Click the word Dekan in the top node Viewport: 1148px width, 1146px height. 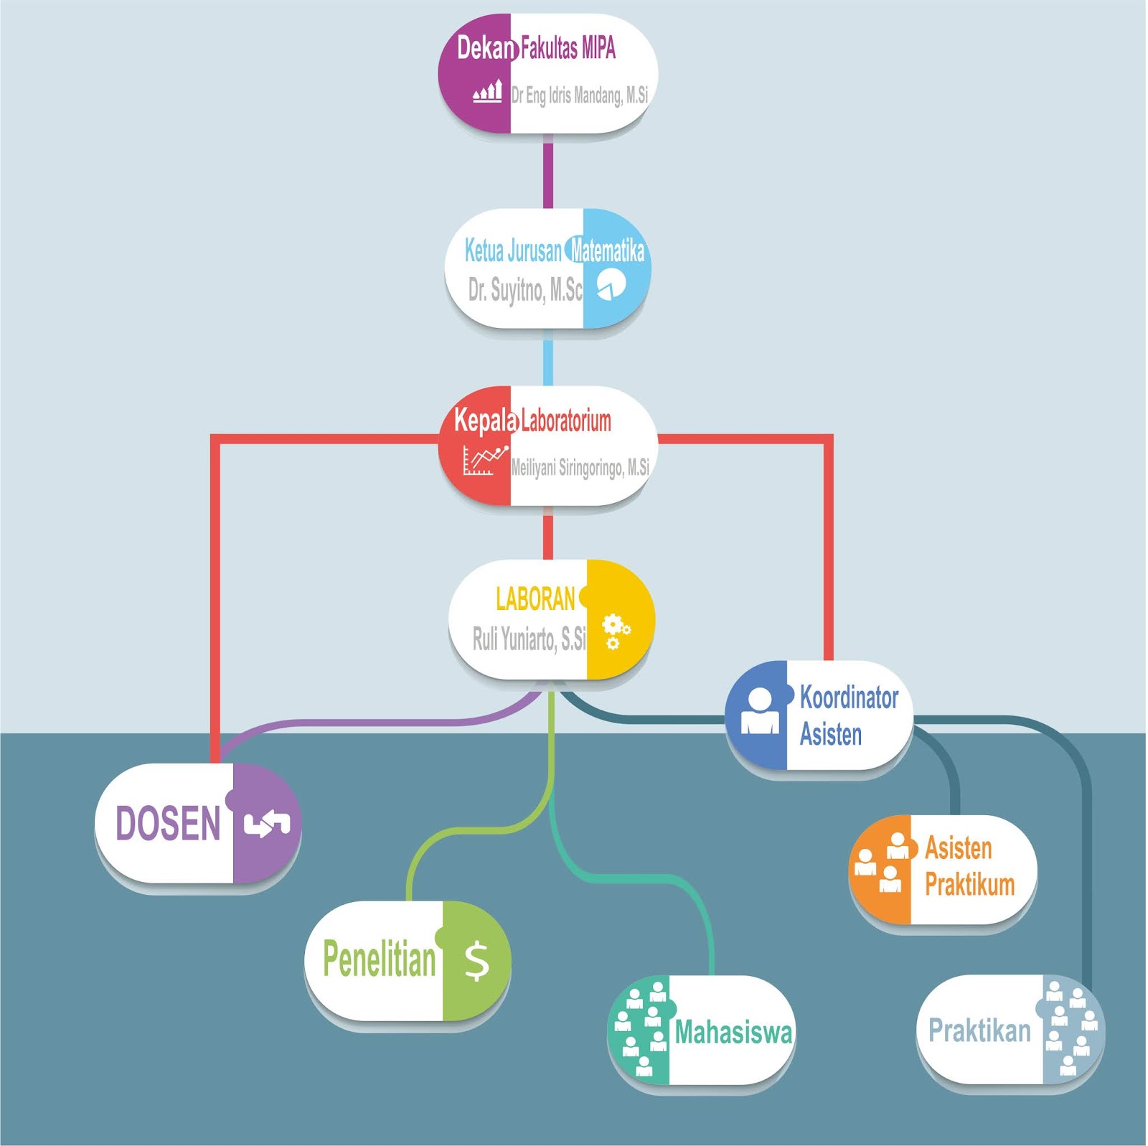(486, 48)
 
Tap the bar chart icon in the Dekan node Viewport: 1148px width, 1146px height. (487, 92)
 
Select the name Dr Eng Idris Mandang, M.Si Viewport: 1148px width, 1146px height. (579, 95)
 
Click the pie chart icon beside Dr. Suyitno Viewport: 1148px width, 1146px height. (611, 285)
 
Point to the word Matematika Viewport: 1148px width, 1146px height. (607, 250)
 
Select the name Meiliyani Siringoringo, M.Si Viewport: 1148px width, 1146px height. (580, 468)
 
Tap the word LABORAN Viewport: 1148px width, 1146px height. (535, 599)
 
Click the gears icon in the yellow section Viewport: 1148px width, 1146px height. (615, 630)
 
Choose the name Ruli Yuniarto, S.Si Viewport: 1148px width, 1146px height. (529, 638)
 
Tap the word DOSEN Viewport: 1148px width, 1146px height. (168, 823)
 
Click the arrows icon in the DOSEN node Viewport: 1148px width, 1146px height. (266, 824)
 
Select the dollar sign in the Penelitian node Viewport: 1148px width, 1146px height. (476, 962)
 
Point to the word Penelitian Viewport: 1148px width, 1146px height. (379, 959)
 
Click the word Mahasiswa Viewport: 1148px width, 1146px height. (733, 1032)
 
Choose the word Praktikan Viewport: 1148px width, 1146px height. (979, 1030)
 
